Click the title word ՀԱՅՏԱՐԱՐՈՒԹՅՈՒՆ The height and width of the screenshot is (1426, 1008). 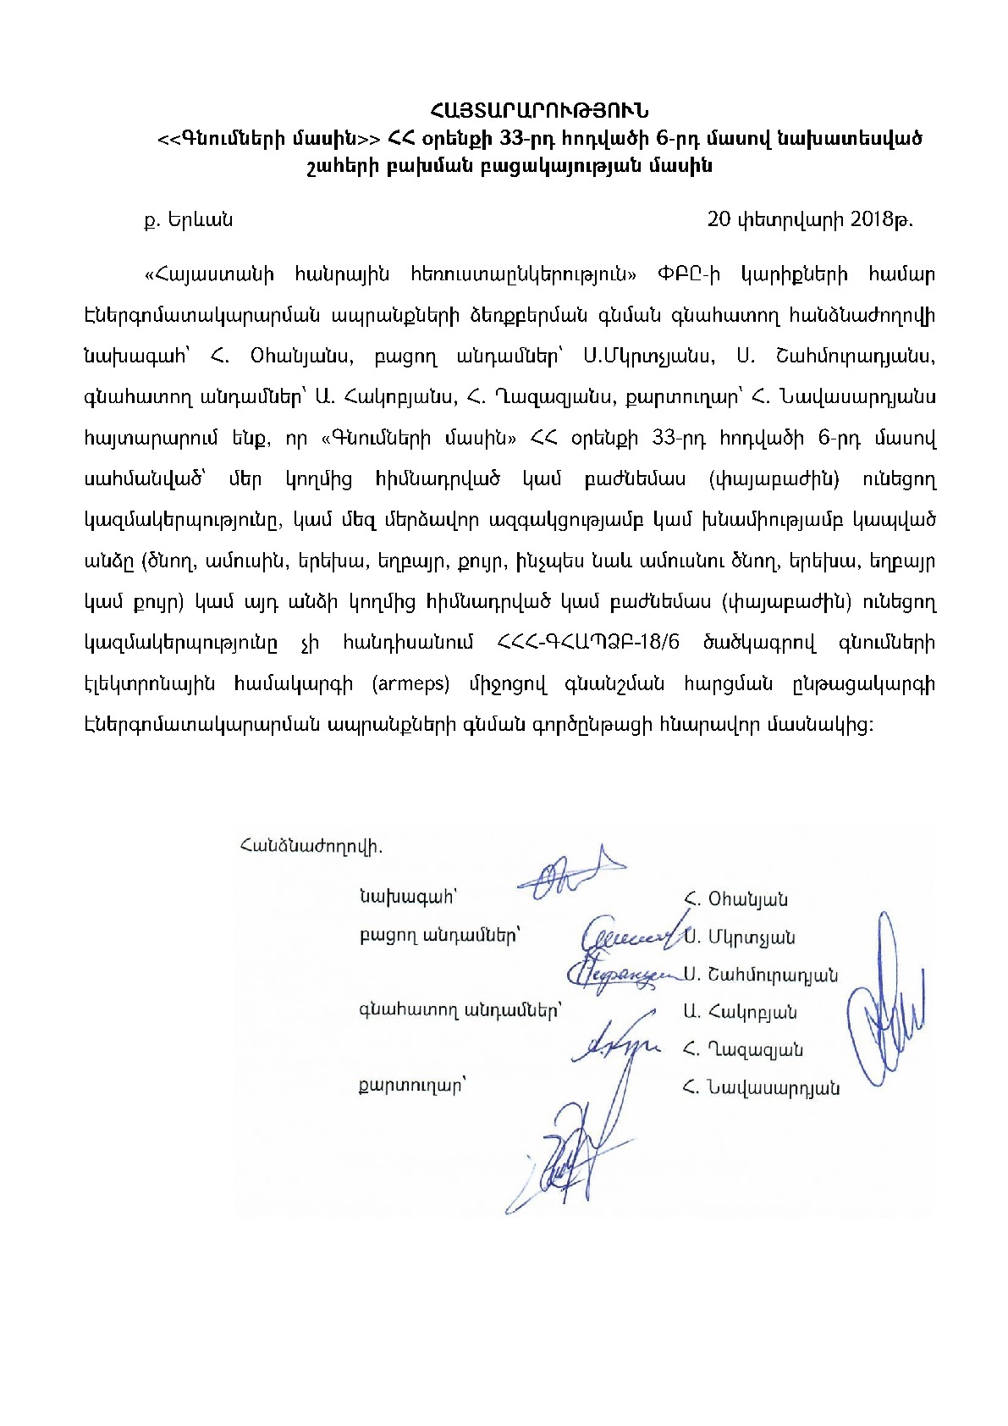(538, 111)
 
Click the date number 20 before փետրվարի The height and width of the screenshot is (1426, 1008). (719, 219)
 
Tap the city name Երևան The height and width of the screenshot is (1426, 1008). (199, 220)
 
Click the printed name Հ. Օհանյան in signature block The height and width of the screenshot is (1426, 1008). (735, 898)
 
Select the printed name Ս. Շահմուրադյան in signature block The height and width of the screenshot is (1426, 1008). (761, 975)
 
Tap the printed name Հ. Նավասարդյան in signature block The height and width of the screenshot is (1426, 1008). (761, 1088)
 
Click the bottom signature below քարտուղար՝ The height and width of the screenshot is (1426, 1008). (563, 1160)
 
